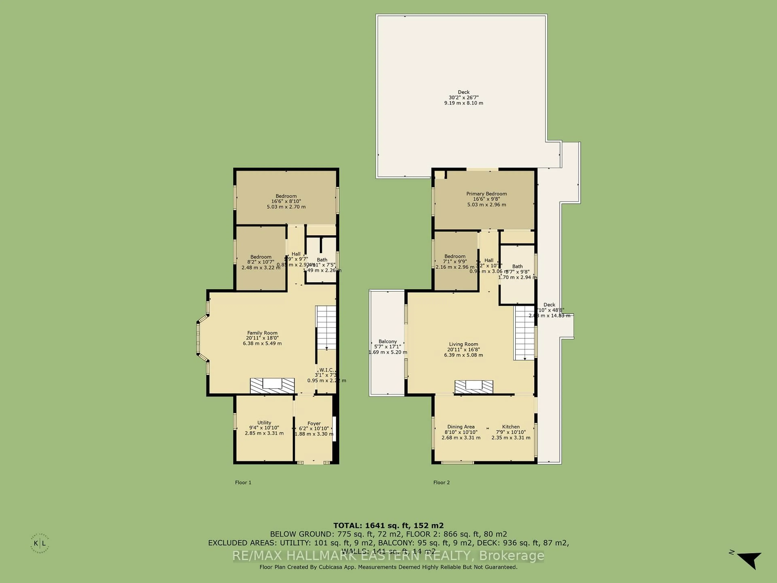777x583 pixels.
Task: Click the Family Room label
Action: pos(262,333)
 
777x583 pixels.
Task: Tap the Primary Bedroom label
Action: pos(486,194)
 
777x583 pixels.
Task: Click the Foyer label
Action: pos(314,423)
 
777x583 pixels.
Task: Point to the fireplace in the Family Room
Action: pos(272,385)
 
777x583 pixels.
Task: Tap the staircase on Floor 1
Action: pos(326,327)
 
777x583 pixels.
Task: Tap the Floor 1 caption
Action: pos(243,483)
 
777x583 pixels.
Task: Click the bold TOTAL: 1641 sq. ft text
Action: pos(388,526)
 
